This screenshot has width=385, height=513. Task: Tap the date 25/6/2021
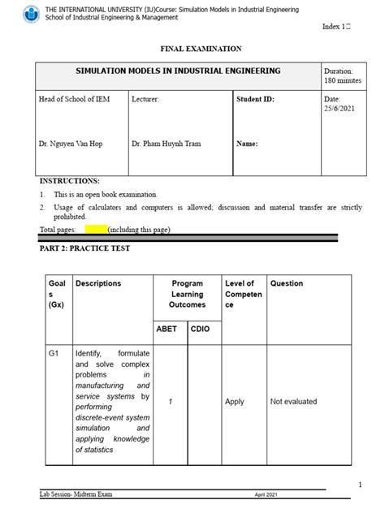pos(340,108)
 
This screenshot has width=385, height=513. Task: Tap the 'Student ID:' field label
pos(255,99)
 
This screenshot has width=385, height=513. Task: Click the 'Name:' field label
pos(247,144)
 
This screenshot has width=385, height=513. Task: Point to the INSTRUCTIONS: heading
pos(69,180)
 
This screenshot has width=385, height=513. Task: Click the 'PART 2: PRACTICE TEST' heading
pos(84,248)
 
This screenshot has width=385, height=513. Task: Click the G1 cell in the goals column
pos(55,354)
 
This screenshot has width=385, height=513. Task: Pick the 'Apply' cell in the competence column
pos(234,402)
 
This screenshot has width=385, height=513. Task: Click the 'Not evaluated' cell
pos(293,402)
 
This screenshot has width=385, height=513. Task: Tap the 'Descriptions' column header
pos(98,283)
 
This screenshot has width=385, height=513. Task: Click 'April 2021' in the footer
pos(266,494)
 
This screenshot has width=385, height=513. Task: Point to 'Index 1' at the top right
pos(336,27)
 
